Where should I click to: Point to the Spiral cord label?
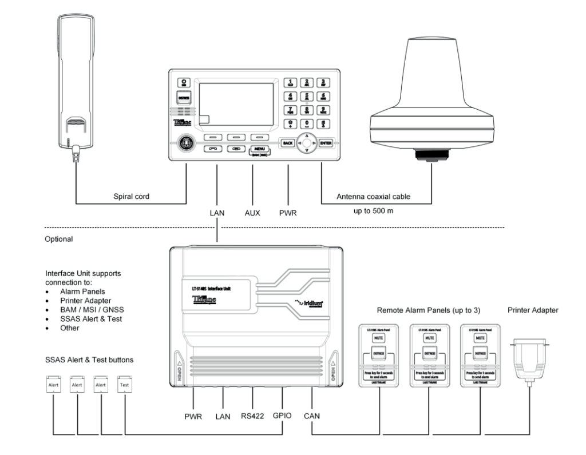coord(132,196)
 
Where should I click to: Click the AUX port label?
coord(252,213)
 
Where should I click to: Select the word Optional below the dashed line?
coord(56,240)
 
